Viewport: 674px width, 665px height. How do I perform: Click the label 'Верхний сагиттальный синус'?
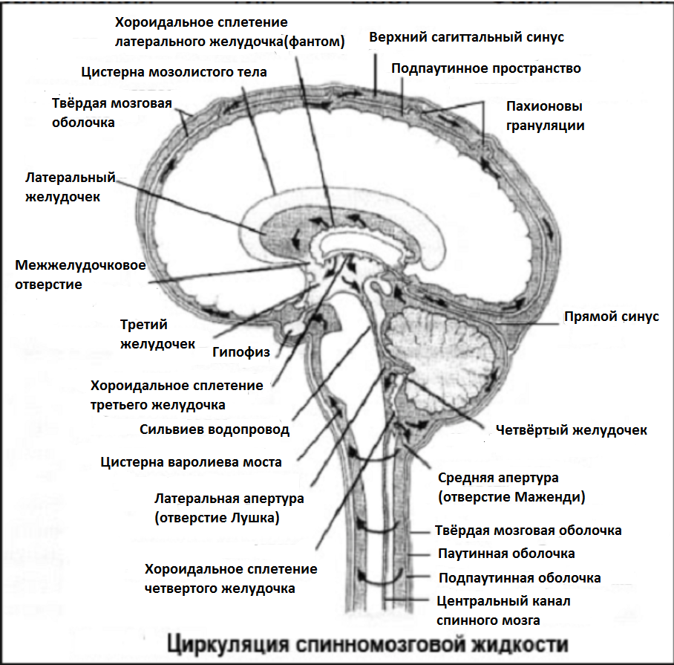467,37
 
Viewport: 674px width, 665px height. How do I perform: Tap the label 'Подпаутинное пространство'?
486,68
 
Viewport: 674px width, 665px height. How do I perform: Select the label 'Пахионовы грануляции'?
545,115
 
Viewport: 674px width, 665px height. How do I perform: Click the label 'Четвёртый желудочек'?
571,430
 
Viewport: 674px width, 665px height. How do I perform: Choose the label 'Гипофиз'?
241,351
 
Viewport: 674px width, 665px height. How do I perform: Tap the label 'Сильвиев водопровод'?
215,429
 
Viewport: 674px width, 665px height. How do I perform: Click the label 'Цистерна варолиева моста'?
192,462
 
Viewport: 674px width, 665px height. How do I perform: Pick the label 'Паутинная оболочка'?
506,554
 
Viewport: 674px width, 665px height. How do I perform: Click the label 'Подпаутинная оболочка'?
520,578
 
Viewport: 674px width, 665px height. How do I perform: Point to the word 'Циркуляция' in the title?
225,643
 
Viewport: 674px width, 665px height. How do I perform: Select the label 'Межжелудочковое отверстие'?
80,274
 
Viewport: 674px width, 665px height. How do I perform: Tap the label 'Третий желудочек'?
157,334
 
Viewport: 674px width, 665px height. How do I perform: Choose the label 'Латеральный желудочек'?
71,187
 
